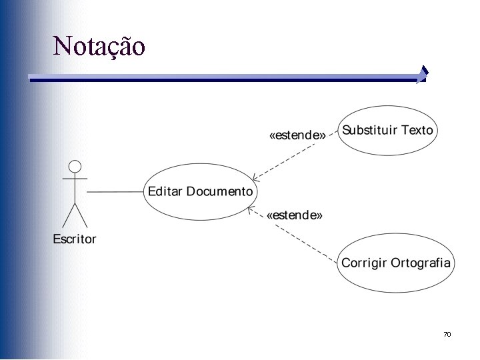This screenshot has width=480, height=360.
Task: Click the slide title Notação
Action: (x=99, y=47)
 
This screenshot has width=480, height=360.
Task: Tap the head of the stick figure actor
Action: (x=75, y=166)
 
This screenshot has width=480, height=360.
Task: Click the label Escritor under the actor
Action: (x=75, y=239)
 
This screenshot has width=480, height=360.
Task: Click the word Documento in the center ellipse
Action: (x=220, y=191)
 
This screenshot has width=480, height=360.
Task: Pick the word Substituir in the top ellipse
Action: (x=370, y=130)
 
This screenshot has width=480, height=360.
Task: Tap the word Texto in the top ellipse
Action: (x=417, y=130)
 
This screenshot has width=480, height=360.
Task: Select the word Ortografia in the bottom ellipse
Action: (x=421, y=262)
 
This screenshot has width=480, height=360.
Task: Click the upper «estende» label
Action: (x=297, y=135)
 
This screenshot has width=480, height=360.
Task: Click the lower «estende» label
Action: (x=295, y=215)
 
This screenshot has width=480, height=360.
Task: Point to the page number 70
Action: (x=447, y=333)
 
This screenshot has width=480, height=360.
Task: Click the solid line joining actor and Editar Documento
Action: (x=115, y=192)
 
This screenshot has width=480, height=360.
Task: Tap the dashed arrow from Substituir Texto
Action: (x=293, y=157)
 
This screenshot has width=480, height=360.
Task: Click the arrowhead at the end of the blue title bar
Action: (x=422, y=75)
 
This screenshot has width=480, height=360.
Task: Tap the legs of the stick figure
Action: (x=75, y=215)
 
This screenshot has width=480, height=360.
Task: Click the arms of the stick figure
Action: (x=75, y=179)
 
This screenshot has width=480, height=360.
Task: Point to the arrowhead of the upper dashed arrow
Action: (x=255, y=177)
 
